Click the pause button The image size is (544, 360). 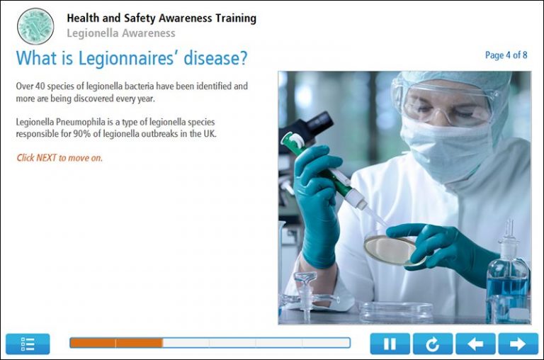(390, 344)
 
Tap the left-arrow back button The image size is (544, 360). (475, 344)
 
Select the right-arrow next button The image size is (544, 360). (518, 344)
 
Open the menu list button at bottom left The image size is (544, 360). (28, 344)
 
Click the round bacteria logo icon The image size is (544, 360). (35, 26)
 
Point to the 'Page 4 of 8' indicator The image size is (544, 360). (506, 55)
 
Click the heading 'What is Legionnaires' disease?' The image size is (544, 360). (132, 57)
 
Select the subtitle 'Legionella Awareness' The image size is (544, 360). (120, 33)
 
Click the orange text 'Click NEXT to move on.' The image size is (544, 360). (59, 158)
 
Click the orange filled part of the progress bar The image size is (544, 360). (116, 343)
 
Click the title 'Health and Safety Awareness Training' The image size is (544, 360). (161, 18)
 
